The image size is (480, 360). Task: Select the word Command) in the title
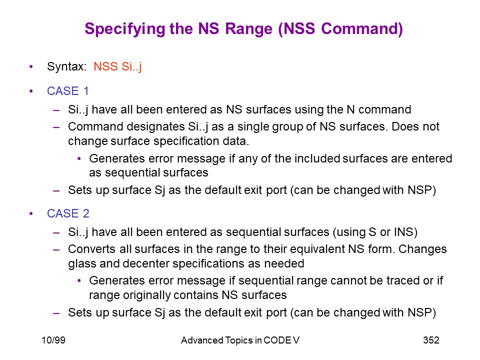tap(362, 29)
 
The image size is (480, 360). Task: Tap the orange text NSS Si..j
tap(117, 66)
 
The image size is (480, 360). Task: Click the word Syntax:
tap(67, 66)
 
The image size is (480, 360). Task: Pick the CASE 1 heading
tap(67, 91)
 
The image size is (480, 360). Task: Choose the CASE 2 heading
tap(68, 213)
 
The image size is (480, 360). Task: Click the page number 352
tap(431, 340)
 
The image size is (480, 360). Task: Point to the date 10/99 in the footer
tap(53, 340)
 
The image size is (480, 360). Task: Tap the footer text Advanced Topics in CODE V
tap(240, 340)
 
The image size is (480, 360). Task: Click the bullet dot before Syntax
tap(31, 66)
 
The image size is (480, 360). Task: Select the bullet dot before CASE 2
tap(31, 213)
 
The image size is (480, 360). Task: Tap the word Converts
tap(92, 249)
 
